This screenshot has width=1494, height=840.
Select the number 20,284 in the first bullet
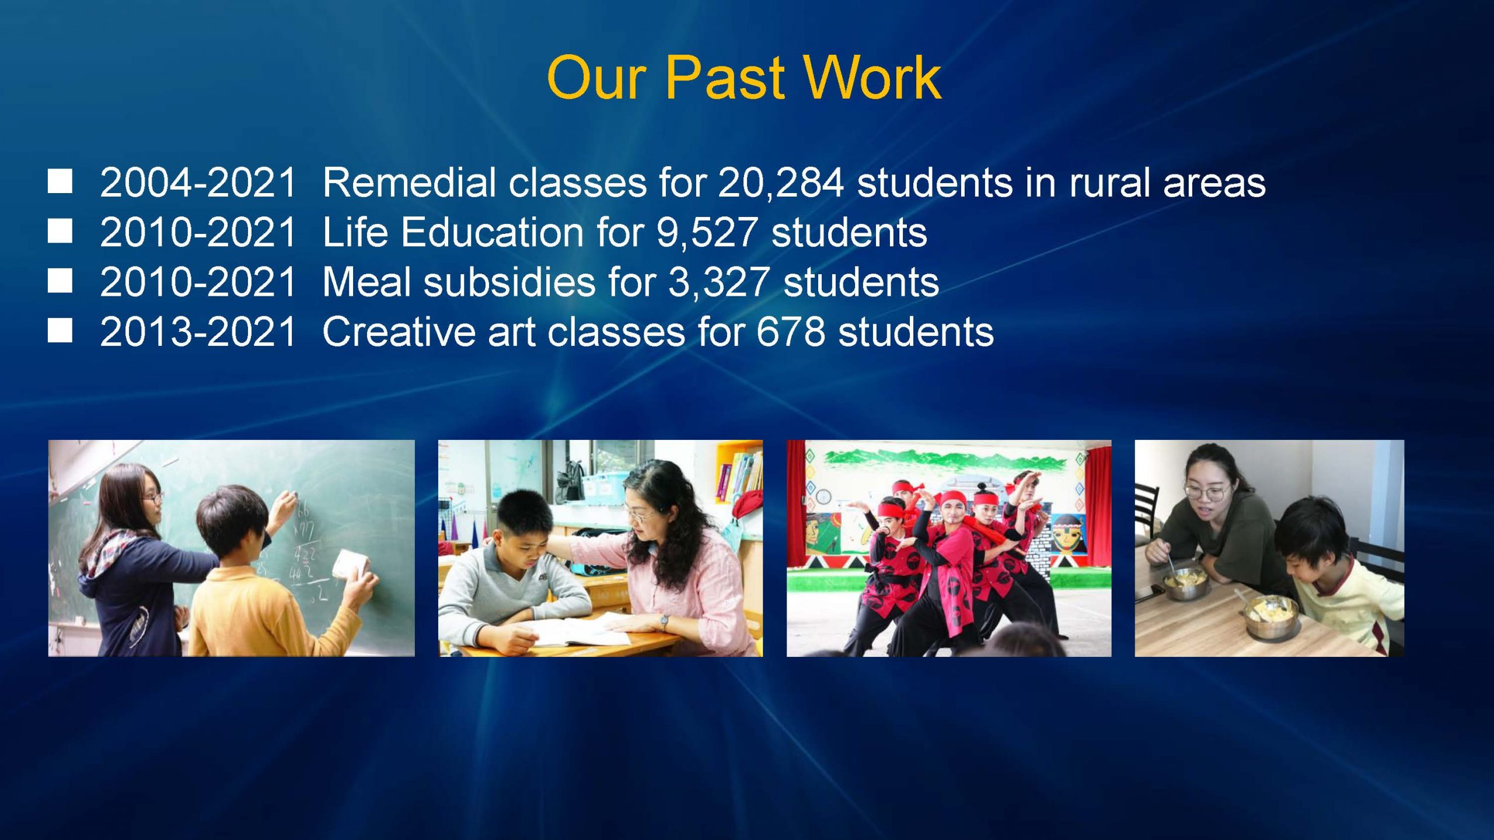[x=781, y=183]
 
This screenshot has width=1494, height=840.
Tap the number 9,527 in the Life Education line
[x=707, y=233]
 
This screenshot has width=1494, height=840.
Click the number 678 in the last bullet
[x=791, y=332]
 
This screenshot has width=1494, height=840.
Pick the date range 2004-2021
[x=198, y=183]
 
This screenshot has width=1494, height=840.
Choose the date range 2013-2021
[x=198, y=332]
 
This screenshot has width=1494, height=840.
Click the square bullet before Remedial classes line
[x=60, y=181]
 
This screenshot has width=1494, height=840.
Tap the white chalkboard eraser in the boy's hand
[x=349, y=565]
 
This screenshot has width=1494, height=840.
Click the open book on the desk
[x=578, y=630]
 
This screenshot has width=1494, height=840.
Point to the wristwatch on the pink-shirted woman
[x=664, y=622]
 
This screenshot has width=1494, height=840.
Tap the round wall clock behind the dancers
[x=823, y=497]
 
